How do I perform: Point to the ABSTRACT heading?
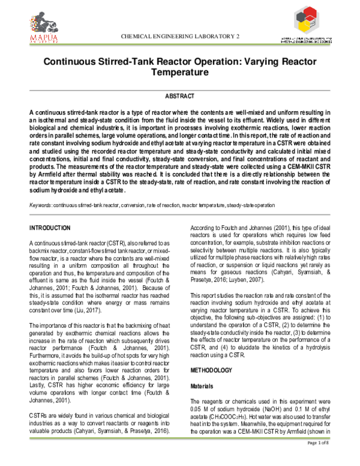179,97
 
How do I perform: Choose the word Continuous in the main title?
72,62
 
